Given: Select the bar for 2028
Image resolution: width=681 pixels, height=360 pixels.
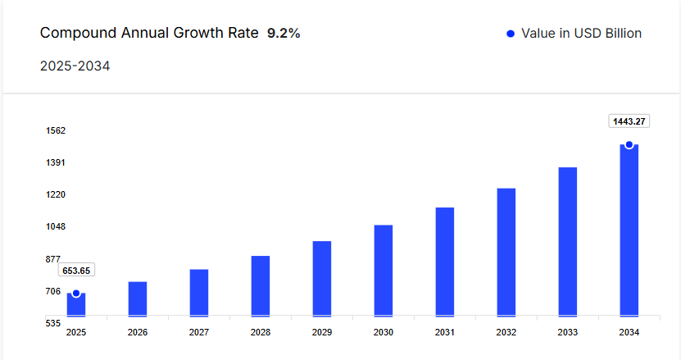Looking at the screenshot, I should pyautogui.click(x=261, y=285).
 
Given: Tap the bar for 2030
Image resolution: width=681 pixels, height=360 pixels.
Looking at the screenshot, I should pyautogui.click(x=384, y=270).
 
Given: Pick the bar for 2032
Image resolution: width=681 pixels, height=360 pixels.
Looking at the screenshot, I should pyautogui.click(x=506, y=252).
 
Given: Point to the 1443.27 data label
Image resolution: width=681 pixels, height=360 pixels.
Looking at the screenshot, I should pyautogui.click(x=629, y=121).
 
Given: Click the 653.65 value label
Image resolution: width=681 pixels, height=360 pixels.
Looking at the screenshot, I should pyautogui.click(x=76, y=271).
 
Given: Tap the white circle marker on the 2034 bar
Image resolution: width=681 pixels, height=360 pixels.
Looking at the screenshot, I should pyautogui.click(x=629, y=144).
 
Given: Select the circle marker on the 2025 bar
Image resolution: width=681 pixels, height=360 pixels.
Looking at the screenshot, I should pyautogui.click(x=76, y=294).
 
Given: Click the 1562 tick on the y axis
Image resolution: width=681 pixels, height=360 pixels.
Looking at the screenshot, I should pyautogui.click(x=56, y=131).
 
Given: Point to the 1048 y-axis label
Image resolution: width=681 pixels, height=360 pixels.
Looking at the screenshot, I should pyautogui.click(x=56, y=227).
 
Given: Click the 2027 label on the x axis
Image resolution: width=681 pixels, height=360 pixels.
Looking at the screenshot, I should pyautogui.click(x=199, y=332).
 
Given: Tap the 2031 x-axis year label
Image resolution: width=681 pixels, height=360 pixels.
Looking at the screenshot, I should pyautogui.click(x=445, y=332).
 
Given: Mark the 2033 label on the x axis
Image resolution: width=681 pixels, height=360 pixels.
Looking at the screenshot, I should pyautogui.click(x=568, y=332).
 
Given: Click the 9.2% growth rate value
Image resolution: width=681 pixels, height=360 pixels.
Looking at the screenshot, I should pyautogui.click(x=284, y=34).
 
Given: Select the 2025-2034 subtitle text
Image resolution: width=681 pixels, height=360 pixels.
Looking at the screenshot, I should pyautogui.click(x=75, y=66).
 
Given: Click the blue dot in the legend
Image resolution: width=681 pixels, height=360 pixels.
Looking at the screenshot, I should pyautogui.click(x=511, y=34).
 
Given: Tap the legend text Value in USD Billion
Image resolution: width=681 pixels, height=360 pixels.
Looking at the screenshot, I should pyautogui.click(x=581, y=34).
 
